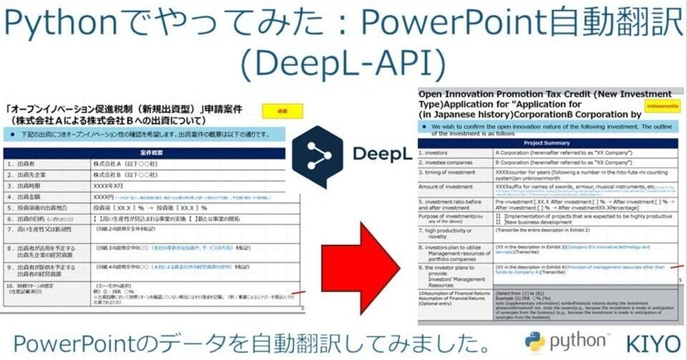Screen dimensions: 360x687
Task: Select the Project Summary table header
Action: coord(547,143)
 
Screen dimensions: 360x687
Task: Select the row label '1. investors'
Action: coord(436,153)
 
